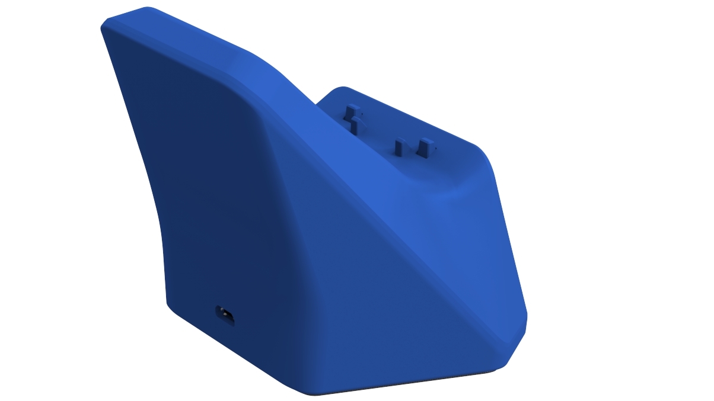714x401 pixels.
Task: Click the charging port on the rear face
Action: (x=225, y=315)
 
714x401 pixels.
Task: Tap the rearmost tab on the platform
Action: (x=351, y=111)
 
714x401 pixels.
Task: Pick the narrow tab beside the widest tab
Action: (x=399, y=147)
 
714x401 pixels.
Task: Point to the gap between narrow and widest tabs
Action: (x=412, y=150)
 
